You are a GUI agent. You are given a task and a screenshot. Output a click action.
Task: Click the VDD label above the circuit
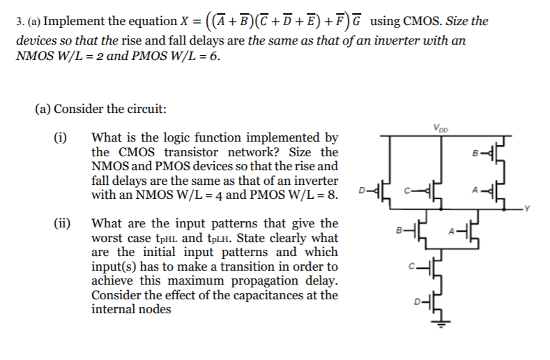[x=441, y=128]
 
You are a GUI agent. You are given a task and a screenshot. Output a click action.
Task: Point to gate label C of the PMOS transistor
[x=404, y=189]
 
